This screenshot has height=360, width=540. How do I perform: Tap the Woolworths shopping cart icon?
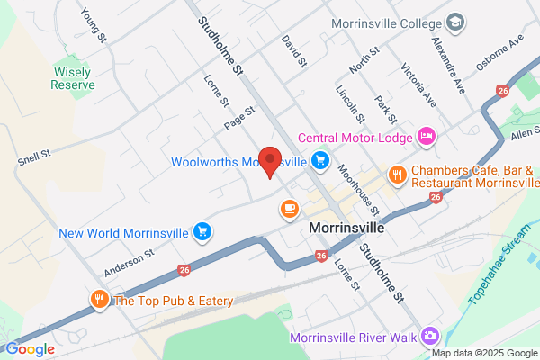pos(319,161)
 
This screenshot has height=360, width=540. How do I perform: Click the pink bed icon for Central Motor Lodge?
pos(427,137)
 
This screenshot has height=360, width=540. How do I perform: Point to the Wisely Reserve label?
pos(73,78)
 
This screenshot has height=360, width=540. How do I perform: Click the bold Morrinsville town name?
pos(346,228)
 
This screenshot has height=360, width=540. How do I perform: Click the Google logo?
pos(30,349)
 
